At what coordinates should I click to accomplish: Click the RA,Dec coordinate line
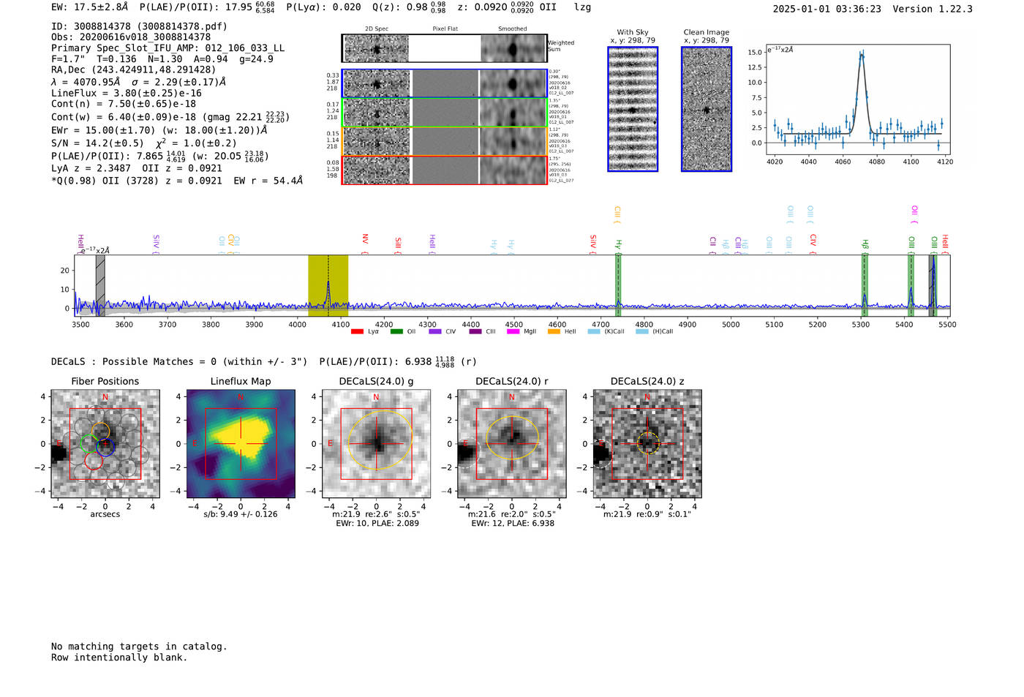pyautogui.click(x=133, y=69)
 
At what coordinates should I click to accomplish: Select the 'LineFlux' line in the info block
pyautogui.click(x=126, y=93)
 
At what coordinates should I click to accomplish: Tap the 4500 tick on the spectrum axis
pyautogui.click(x=514, y=324)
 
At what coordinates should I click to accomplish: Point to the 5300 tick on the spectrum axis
pyautogui.click(x=861, y=324)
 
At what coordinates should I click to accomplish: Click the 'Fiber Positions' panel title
pyautogui.click(x=105, y=381)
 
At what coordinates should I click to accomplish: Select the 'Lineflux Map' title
pyautogui.click(x=241, y=381)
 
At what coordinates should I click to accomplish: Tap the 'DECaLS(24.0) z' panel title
pyautogui.click(x=647, y=381)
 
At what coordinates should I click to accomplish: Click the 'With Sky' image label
pyautogui.click(x=633, y=32)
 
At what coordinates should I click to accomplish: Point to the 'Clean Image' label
pyautogui.click(x=706, y=32)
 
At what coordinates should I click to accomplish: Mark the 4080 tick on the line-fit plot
pyautogui.click(x=876, y=162)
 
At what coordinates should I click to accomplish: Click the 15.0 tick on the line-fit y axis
pyautogui.click(x=754, y=52)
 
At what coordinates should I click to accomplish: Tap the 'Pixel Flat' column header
pyautogui.click(x=445, y=29)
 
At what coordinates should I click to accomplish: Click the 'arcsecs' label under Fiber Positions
pyautogui.click(x=105, y=514)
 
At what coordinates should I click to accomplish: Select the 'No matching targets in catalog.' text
pyautogui.click(x=139, y=646)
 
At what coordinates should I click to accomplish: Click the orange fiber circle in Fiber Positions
pyautogui.click(x=101, y=431)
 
